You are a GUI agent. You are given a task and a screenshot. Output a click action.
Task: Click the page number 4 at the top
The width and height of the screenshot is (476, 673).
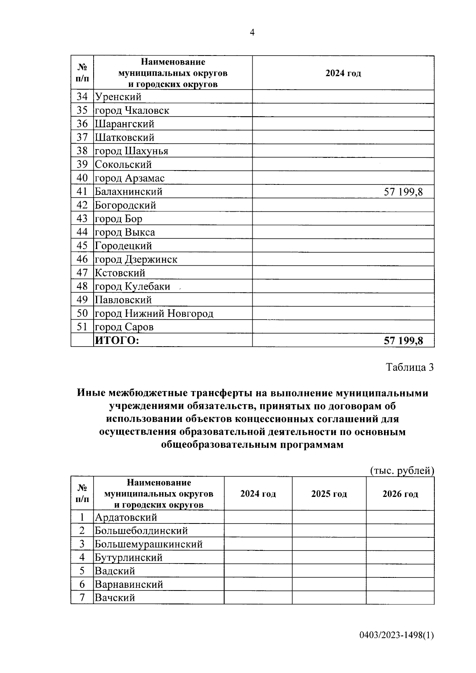[252, 33]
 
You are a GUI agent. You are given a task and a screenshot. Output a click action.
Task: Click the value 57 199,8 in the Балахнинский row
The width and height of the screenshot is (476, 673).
[403, 192]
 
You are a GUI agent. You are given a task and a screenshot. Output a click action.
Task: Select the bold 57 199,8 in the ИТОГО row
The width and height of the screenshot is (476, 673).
[403, 341]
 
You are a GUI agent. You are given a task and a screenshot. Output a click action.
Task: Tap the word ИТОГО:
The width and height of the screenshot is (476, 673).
[117, 341]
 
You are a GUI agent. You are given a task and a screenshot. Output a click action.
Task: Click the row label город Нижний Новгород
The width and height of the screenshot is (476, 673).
[154, 314]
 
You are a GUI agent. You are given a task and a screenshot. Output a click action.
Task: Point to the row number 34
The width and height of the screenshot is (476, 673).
[82, 97]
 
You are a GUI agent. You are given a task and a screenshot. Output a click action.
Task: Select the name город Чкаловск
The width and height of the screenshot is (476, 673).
[132, 111]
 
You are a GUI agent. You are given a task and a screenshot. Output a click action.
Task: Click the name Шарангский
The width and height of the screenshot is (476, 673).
[125, 124]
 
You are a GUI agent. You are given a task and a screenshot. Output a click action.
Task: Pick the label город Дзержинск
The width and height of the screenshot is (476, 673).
[136, 260]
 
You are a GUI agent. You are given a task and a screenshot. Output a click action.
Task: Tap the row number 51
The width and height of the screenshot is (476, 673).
[82, 327]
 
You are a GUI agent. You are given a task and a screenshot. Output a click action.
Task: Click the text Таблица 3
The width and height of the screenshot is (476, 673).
[410, 367]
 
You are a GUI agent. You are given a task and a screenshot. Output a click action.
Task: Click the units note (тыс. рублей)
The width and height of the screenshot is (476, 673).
[402, 471]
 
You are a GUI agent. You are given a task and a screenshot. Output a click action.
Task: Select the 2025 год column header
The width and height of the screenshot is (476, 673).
[329, 494]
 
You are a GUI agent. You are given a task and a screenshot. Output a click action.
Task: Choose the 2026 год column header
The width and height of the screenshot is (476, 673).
[400, 494]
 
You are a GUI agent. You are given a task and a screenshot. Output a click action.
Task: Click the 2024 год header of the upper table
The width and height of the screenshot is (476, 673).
[343, 73]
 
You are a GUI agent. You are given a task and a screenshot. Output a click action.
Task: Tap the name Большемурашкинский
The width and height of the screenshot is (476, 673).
[148, 544]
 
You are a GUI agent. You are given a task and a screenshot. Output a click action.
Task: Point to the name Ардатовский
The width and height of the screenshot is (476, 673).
[126, 518]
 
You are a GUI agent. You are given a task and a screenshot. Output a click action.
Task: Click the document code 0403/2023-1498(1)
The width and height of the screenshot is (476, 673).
[397, 635]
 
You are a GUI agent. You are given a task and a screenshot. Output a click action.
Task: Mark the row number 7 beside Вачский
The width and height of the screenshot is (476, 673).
[82, 598]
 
